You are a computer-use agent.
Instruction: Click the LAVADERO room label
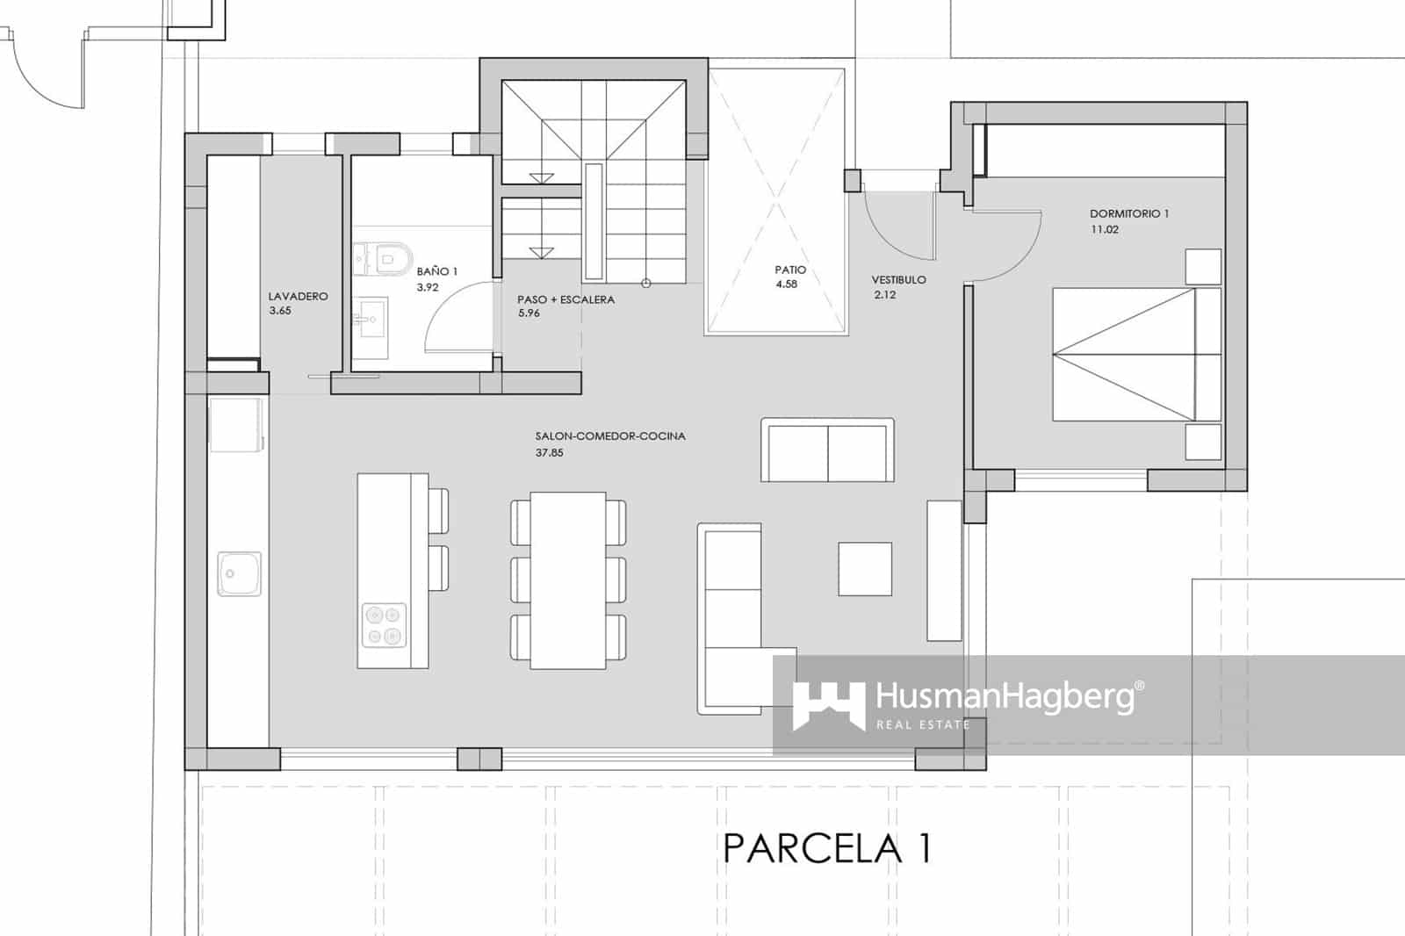click(298, 296)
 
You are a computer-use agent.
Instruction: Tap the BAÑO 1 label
click(437, 272)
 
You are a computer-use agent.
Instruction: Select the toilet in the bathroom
click(392, 257)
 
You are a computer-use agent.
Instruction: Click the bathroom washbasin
click(371, 313)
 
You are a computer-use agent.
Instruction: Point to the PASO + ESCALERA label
click(566, 299)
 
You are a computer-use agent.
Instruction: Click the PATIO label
click(790, 270)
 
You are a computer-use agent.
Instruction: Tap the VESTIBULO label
click(898, 280)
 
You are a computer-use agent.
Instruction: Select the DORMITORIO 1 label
click(1128, 213)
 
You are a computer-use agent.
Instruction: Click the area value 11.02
click(1105, 230)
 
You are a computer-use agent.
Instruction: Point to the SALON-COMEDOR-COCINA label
click(610, 436)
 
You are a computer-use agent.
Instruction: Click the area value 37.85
click(549, 453)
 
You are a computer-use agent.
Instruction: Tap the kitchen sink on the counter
click(239, 574)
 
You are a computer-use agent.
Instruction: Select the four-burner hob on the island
click(384, 625)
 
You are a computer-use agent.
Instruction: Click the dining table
click(568, 580)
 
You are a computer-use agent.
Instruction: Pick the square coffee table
click(865, 569)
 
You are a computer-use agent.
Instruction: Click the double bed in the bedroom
click(1136, 354)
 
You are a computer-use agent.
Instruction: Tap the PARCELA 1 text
click(827, 849)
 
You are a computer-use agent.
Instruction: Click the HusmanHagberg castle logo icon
click(828, 704)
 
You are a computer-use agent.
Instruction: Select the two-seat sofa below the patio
click(827, 450)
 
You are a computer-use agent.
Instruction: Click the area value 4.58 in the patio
click(787, 284)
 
